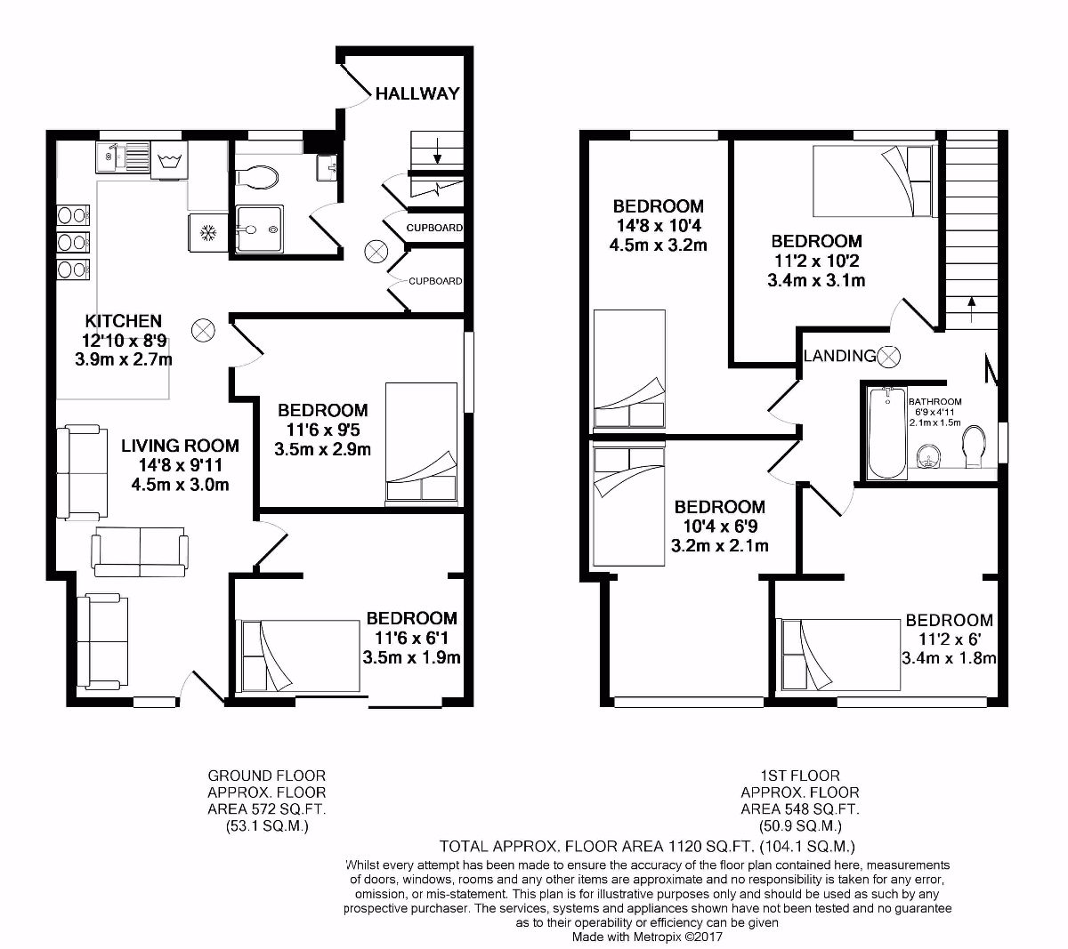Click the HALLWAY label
pos(417,93)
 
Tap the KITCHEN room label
pos(124,321)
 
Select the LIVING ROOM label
pos(180,446)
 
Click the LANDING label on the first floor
pos(839,357)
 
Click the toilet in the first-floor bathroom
pos(975,446)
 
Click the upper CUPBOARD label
pos(434,229)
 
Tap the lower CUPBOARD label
pos(435,282)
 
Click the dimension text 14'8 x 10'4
pos(659,226)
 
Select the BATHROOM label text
pos(934,401)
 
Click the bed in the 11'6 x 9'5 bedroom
pos(424,444)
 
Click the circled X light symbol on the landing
pos(889,357)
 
